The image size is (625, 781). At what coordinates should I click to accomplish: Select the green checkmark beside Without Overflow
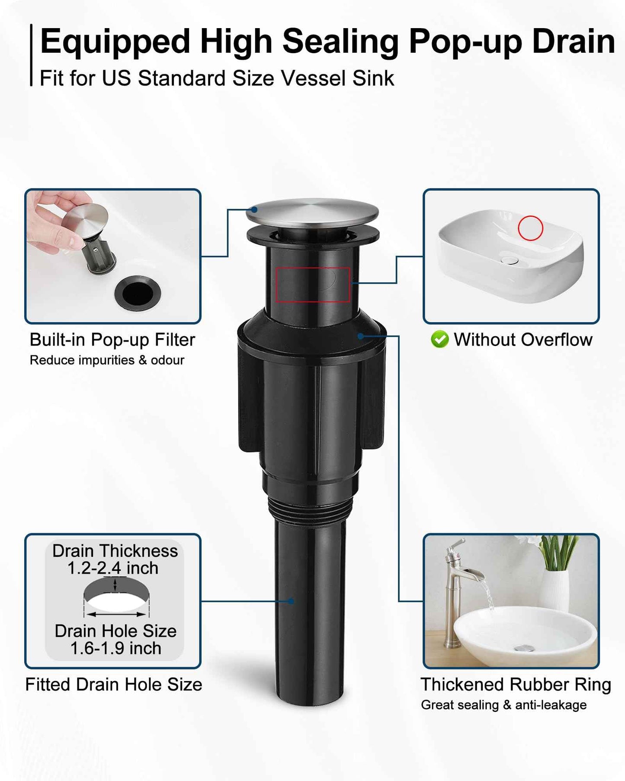(440, 339)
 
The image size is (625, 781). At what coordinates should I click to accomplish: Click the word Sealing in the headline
(340, 42)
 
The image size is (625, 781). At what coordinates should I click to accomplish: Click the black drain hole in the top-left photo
(138, 294)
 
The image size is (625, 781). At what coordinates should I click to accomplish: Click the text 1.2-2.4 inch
(113, 568)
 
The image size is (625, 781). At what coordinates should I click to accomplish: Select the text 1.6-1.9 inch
(115, 649)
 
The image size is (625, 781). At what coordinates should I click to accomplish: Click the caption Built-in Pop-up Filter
(112, 340)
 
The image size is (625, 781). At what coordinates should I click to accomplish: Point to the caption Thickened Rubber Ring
(516, 685)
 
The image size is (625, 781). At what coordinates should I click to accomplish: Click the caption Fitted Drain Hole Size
(114, 685)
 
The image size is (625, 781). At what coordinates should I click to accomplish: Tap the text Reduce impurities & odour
(107, 360)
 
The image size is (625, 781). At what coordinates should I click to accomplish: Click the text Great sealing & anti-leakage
(504, 705)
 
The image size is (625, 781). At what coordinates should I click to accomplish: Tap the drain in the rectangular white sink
(510, 260)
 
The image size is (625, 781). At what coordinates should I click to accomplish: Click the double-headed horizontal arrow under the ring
(116, 614)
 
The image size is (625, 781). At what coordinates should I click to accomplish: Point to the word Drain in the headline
(574, 42)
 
